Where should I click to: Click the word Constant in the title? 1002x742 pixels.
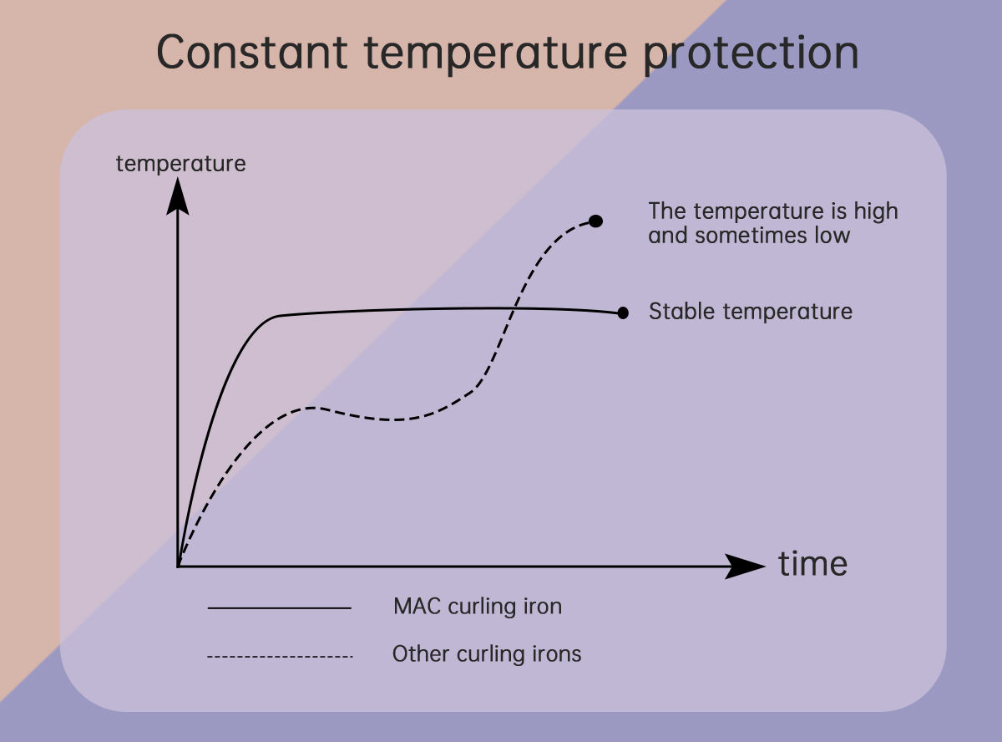[x=252, y=52]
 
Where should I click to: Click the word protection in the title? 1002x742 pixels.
[x=751, y=54]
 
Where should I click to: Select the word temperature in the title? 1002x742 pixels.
[x=496, y=54]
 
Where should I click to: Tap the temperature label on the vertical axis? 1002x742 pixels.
[x=180, y=164]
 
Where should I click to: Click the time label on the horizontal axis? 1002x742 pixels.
[x=812, y=564]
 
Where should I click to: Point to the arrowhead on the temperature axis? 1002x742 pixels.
[x=178, y=196]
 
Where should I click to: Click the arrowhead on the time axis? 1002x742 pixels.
[x=745, y=566]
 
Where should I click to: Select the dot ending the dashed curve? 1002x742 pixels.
[x=596, y=221]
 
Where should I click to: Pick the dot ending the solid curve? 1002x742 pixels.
[x=623, y=313]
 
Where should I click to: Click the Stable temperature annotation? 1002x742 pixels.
[x=751, y=312]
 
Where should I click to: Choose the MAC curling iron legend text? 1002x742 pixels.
[x=478, y=607]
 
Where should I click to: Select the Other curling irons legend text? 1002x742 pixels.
[x=487, y=653]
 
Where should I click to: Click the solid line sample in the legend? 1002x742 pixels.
[x=279, y=608]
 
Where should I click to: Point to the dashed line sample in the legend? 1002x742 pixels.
[x=280, y=656]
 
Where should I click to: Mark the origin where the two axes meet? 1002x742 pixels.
[x=178, y=566]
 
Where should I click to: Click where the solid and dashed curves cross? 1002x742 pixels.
[x=514, y=309]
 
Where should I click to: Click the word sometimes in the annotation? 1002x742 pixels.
[x=752, y=235]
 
